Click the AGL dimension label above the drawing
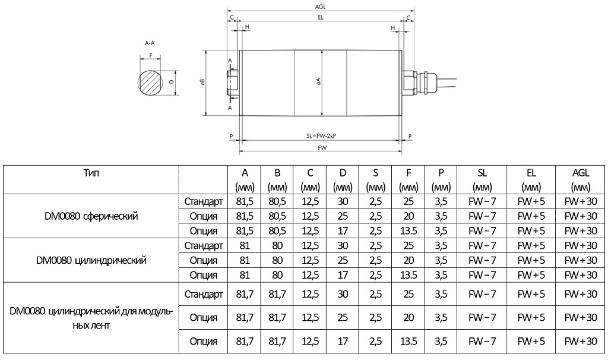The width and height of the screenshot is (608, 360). click(x=321, y=7)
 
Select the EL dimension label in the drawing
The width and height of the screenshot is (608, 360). click(x=321, y=18)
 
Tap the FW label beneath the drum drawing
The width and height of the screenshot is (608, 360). click(x=321, y=147)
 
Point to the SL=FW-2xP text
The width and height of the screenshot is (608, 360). click(x=321, y=136)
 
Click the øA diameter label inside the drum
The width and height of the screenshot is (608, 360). click(x=319, y=82)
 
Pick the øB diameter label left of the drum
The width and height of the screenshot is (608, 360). click(x=203, y=83)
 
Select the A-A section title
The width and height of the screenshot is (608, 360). click(x=150, y=43)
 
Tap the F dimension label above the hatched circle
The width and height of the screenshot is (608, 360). click(x=151, y=55)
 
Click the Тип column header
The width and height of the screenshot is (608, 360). click(x=91, y=173)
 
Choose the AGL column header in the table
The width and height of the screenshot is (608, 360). click(x=581, y=179)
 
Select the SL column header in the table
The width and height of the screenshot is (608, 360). click(x=482, y=179)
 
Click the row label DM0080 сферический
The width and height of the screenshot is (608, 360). click(x=91, y=216)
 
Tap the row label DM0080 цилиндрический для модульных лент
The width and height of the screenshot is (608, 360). click(x=91, y=317)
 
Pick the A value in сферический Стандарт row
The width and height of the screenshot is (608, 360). click(x=244, y=201)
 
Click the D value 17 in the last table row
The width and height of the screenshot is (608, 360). click(x=343, y=341)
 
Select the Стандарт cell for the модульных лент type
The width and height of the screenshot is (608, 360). click(x=204, y=293)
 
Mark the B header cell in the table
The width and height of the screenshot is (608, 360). click(x=277, y=179)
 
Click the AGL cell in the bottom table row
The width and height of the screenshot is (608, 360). click(x=581, y=341)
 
